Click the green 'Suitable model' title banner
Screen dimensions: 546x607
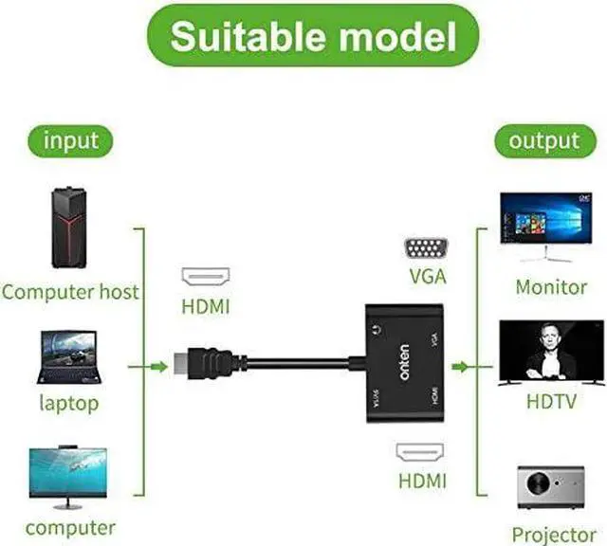[303, 37]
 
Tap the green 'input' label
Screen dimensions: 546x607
[70, 141]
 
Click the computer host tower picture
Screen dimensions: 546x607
[69, 228]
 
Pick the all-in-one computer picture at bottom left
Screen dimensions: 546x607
[68, 478]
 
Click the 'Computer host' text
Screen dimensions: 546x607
[70, 291]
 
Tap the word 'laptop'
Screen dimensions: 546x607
[68, 404]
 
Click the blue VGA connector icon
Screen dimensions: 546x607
[428, 249]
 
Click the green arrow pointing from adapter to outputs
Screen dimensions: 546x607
[464, 365]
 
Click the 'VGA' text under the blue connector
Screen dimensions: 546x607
[428, 278]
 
